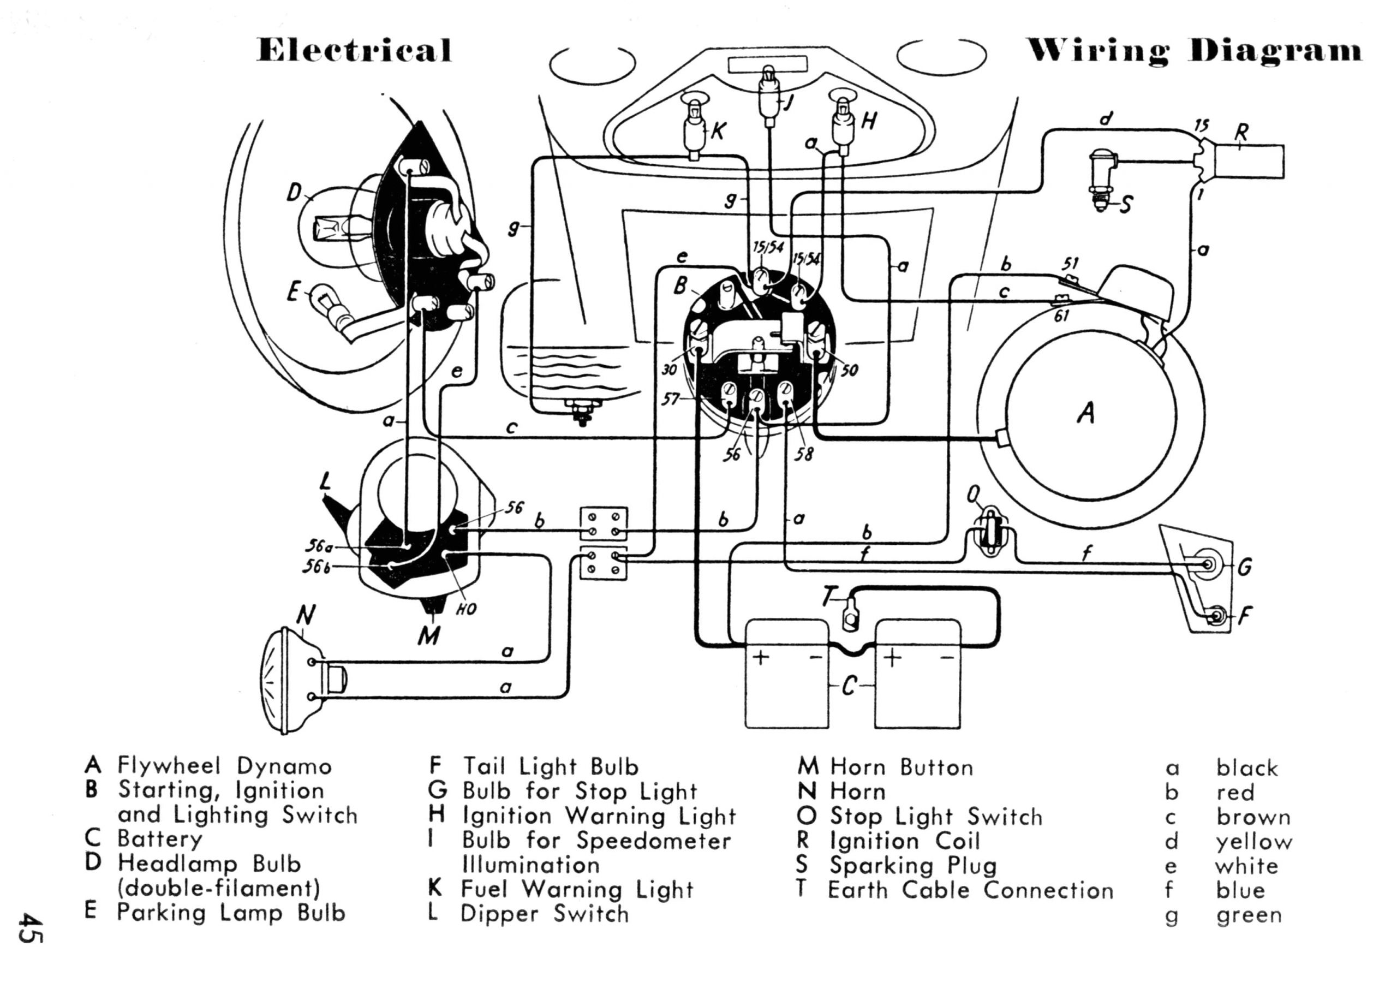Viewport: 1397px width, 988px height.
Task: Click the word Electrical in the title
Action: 355,50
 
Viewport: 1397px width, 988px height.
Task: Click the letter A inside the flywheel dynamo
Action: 1086,413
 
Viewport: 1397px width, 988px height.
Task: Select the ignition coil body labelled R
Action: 1247,162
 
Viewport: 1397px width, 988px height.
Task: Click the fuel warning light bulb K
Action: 693,125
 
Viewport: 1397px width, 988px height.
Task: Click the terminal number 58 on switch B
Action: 804,454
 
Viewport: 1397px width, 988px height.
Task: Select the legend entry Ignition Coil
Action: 905,841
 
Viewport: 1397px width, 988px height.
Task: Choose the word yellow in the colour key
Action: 1253,842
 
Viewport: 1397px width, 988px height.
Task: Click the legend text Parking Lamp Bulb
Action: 231,913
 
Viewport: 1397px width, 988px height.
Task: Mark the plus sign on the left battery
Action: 761,657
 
